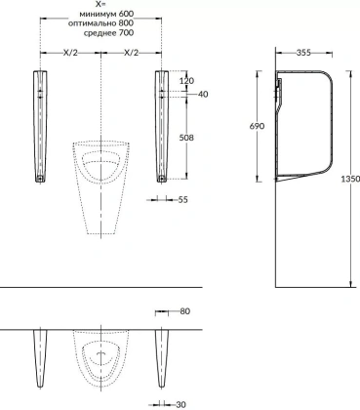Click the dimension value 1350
click(350, 179)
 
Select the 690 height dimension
click(257, 126)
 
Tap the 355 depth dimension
click(303, 53)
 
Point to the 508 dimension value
click(186, 138)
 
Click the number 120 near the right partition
click(186, 81)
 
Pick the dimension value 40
click(203, 94)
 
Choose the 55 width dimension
click(183, 199)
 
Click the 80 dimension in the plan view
click(184, 311)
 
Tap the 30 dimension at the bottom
click(180, 404)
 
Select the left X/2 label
click(70, 53)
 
